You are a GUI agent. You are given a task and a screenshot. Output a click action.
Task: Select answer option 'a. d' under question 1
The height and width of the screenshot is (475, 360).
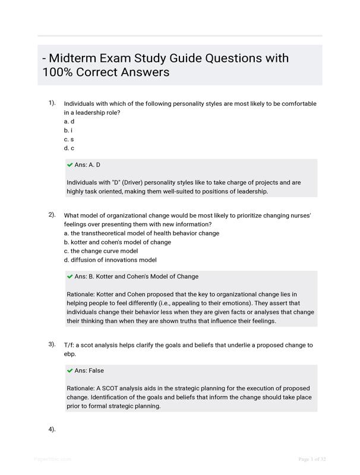(x=69, y=121)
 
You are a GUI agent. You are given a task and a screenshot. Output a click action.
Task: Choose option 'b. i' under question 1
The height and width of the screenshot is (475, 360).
(x=68, y=130)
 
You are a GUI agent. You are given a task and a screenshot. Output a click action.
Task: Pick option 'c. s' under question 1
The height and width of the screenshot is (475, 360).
(x=69, y=139)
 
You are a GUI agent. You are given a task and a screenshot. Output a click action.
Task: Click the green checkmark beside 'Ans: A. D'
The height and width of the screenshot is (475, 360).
(x=70, y=164)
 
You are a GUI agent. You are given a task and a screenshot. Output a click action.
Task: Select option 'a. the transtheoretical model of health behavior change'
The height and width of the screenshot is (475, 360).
(x=141, y=233)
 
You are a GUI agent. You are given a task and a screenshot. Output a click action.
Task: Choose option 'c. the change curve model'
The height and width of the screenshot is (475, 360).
(x=100, y=251)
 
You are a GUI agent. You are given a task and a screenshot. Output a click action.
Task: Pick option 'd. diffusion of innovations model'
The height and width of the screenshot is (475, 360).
(x=110, y=260)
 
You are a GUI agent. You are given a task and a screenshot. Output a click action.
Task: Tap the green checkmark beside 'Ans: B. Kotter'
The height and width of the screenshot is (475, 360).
(x=70, y=276)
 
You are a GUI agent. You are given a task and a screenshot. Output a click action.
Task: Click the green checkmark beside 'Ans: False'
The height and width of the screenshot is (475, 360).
(x=70, y=370)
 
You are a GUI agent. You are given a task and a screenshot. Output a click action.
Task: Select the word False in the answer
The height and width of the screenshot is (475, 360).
(x=96, y=370)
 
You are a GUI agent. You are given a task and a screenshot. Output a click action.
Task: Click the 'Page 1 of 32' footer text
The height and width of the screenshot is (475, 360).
(x=312, y=459)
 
